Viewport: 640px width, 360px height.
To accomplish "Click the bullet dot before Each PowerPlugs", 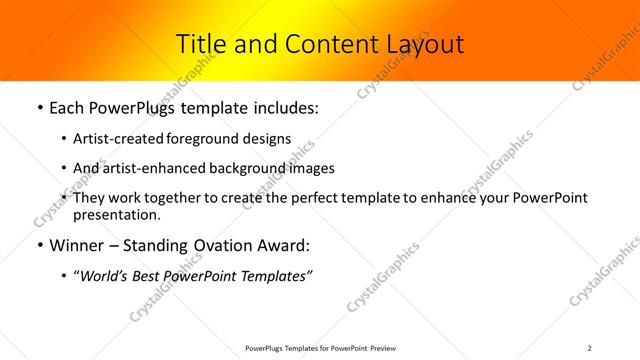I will click(x=38, y=107).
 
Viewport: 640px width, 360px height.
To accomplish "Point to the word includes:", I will click(x=283, y=107).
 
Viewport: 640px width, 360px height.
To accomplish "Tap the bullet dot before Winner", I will click(x=38, y=245).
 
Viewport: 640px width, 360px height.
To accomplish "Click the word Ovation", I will click(x=221, y=245).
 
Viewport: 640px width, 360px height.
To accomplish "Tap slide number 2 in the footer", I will click(x=589, y=348).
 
